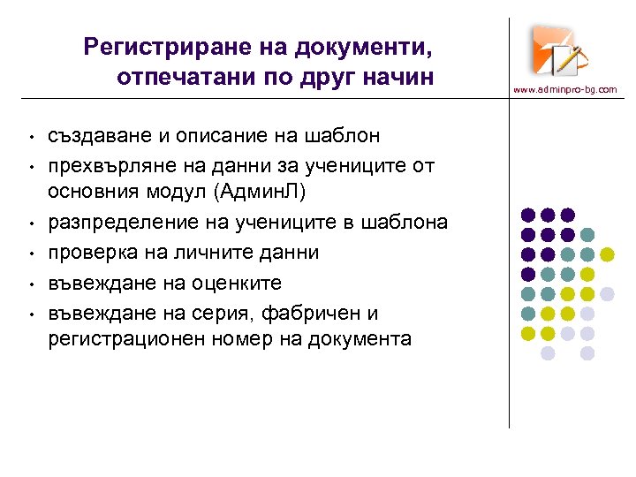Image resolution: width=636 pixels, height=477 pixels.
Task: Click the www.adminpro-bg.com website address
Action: (x=565, y=89)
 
